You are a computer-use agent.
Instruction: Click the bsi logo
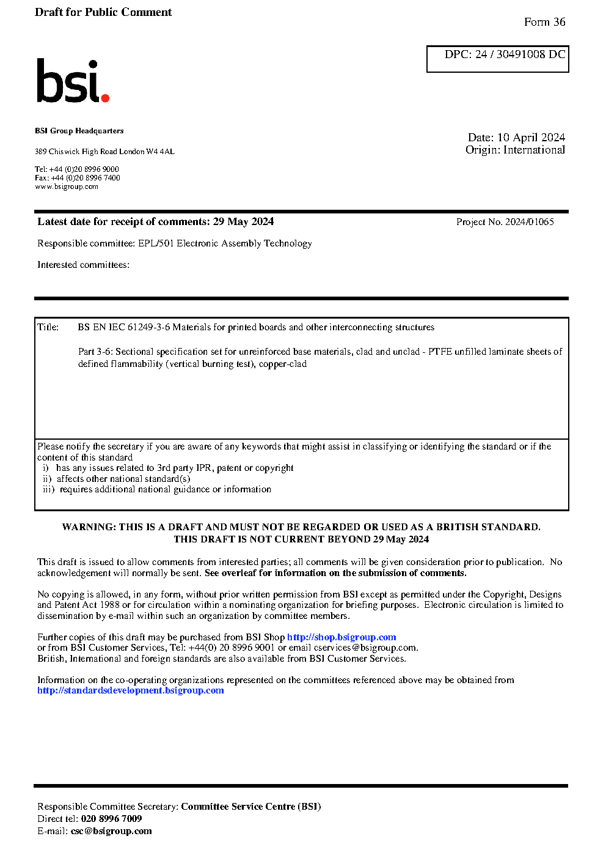pyautogui.click(x=72, y=81)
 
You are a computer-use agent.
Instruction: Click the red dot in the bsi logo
pyautogui.click(x=105, y=97)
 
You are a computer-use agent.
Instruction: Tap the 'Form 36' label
pyautogui.click(x=544, y=22)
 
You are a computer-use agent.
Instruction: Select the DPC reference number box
pyautogui.click(x=497, y=59)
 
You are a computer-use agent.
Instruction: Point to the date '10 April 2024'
pyautogui.click(x=531, y=138)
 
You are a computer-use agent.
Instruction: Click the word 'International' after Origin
pyautogui.click(x=534, y=150)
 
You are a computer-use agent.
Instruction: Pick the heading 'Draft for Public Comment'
pyautogui.click(x=103, y=12)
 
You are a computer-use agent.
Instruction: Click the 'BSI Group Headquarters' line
pyautogui.click(x=79, y=131)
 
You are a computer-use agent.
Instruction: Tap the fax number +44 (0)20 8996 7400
pyautogui.click(x=86, y=178)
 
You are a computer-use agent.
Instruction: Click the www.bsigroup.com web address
pyautogui.click(x=67, y=187)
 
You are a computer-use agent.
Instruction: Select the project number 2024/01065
pyautogui.click(x=529, y=222)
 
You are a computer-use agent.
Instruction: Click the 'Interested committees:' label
pyautogui.click(x=83, y=265)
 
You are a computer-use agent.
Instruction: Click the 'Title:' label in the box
pyautogui.click(x=48, y=327)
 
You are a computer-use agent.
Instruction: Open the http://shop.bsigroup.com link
pyautogui.click(x=341, y=637)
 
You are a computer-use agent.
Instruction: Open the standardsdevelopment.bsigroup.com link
pyautogui.click(x=130, y=690)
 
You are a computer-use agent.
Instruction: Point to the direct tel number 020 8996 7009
pyautogui.click(x=111, y=819)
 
